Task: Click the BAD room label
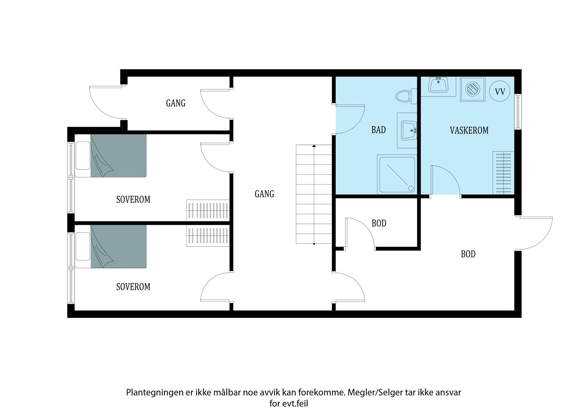point(379,130)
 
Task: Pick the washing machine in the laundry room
point(473,89)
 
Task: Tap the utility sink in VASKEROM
point(438,85)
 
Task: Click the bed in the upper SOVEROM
point(111,156)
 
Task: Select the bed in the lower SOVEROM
point(111,246)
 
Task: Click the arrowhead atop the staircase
point(314,146)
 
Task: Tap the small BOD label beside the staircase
point(379,223)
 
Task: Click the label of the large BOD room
point(468,254)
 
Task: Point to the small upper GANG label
point(176,103)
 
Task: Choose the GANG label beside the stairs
point(264,194)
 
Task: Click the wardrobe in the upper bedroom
point(208,210)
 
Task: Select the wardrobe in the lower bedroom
point(208,236)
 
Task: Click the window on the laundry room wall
point(518,112)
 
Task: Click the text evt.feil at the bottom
point(295,403)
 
